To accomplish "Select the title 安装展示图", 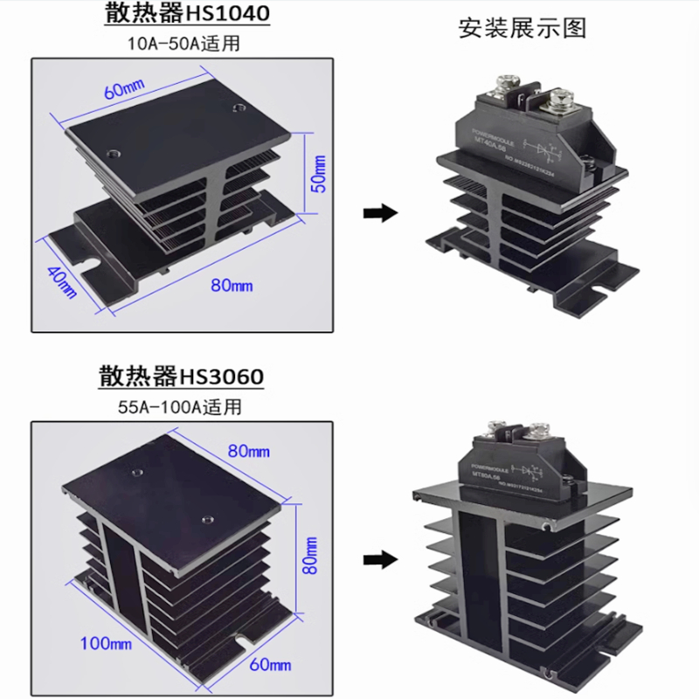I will tap(523, 28).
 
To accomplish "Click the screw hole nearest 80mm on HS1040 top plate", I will tap(238, 108).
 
